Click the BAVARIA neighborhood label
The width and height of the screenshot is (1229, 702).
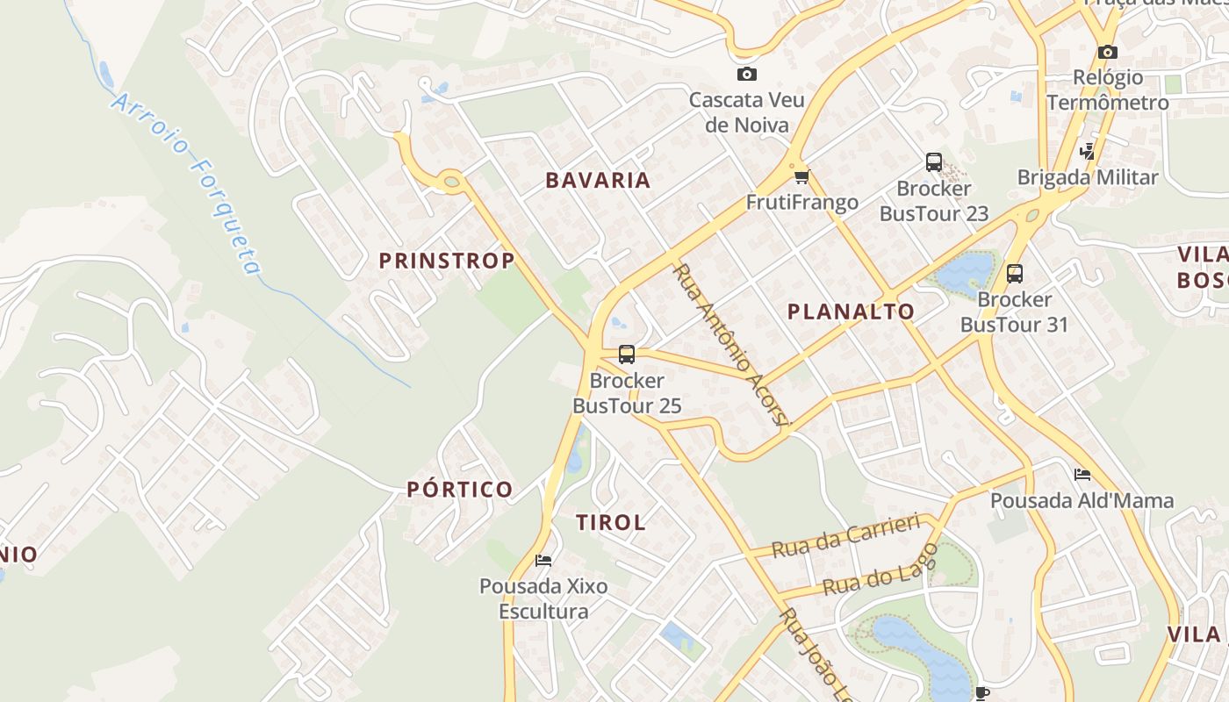(x=598, y=181)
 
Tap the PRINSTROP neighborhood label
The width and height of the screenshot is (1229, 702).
(x=446, y=261)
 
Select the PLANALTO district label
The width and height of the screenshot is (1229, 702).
(x=851, y=312)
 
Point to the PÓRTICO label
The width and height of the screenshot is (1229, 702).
(x=459, y=490)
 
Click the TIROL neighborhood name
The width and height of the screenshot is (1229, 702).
(x=610, y=522)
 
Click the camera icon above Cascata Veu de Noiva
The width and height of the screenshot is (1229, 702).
(x=746, y=75)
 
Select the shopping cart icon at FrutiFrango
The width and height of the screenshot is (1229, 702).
(x=801, y=177)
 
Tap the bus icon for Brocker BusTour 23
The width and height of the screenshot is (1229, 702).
(x=933, y=162)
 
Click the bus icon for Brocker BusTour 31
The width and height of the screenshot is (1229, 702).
(x=1015, y=274)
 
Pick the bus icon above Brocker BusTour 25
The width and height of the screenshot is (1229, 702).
(x=626, y=355)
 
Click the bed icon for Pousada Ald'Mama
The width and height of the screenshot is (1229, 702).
(x=1082, y=475)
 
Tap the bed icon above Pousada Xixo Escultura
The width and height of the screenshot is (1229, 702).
(x=543, y=560)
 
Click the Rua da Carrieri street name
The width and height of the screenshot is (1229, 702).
(x=845, y=535)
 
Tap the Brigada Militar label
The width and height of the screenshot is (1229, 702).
(x=1088, y=177)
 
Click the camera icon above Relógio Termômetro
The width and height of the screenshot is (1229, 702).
(x=1107, y=53)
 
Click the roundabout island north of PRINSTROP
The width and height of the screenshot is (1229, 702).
(x=451, y=182)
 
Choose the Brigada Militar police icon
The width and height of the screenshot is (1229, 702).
(x=1088, y=151)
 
